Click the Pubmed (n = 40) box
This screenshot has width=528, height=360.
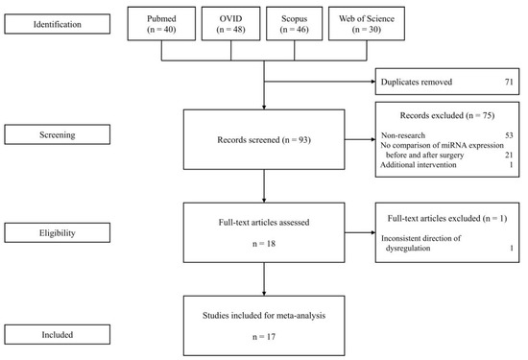[x=161, y=24]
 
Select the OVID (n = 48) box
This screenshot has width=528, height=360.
[x=230, y=24]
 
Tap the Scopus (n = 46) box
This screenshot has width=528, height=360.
[x=295, y=24]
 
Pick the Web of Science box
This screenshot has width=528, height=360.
[x=367, y=24]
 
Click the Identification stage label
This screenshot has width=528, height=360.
[x=58, y=24]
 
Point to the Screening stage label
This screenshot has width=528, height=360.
[x=58, y=134]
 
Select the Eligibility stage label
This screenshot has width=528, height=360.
[x=58, y=232]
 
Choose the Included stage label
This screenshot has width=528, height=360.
[x=58, y=334]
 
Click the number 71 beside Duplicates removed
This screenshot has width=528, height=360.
[x=509, y=82]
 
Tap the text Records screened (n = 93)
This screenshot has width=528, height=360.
[x=264, y=140]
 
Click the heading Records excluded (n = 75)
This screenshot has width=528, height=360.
[x=447, y=115]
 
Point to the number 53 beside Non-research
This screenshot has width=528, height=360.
[x=509, y=135]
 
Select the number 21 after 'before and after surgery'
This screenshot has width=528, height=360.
[x=509, y=155]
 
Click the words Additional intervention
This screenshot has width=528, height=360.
[x=419, y=165]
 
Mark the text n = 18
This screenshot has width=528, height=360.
[x=264, y=244]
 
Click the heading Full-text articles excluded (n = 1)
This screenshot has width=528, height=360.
[x=447, y=218]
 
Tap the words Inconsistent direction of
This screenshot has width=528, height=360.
[x=420, y=238]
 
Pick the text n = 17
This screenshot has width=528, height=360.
[x=264, y=336]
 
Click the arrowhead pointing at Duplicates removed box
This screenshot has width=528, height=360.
[x=373, y=82]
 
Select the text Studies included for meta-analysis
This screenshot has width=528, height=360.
[x=264, y=316]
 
